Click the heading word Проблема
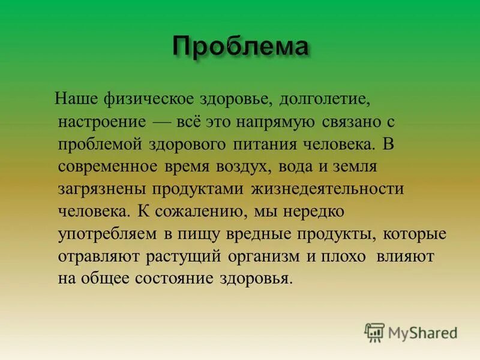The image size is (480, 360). tap(241, 46)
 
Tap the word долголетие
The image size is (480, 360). tap(319, 97)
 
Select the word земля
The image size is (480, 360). tap(352, 166)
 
